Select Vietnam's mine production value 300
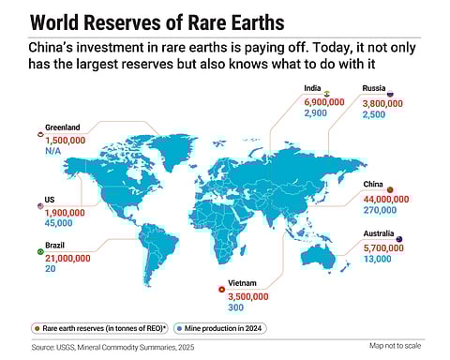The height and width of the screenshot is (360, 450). click(x=234, y=307)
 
